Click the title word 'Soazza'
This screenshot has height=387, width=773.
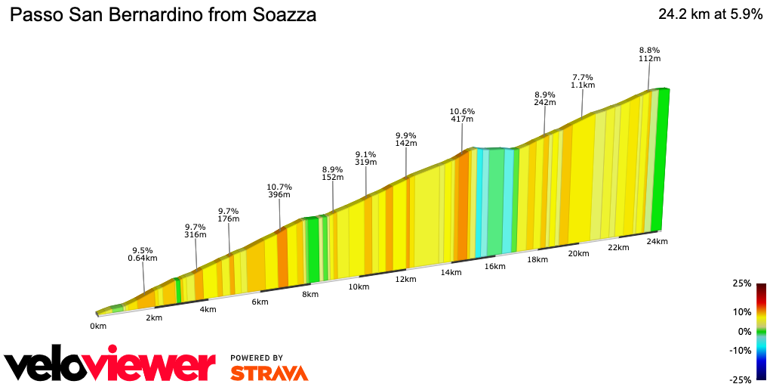[x=281, y=15]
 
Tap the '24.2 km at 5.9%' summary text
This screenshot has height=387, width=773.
[x=710, y=14]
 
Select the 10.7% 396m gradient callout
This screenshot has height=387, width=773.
[x=279, y=190]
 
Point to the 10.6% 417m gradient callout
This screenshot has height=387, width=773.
[x=461, y=115]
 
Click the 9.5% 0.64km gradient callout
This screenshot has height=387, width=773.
[x=143, y=254]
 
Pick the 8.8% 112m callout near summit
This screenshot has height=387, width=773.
[x=649, y=54]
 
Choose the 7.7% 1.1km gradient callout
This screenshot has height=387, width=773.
[x=582, y=82]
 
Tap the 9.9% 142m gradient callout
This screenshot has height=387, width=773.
[x=405, y=139]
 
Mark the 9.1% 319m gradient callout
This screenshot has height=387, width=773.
[x=366, y=158]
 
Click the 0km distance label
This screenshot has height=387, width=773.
[x=98, y=326]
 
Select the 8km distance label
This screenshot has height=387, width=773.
[x=310, y=295]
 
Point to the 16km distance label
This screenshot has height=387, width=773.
[x=495, y=267]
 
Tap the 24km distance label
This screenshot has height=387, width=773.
[x=657, y=242]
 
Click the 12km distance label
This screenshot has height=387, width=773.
[x=405, y=280]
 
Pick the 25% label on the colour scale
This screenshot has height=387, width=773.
[x=742, y=283]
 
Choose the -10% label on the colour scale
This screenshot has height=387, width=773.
[x=741, y=350]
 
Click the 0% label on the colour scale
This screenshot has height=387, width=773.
[x=744, y=331]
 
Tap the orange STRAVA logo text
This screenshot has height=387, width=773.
[x=269, y=373]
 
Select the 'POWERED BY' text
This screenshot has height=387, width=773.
[x=257, y=358]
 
